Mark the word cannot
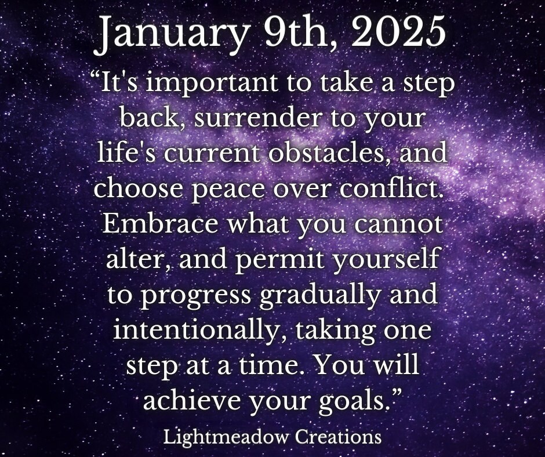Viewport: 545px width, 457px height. click(399, 224)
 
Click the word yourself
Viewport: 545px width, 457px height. click(386, 259)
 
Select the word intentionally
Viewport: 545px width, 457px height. click(195, 330)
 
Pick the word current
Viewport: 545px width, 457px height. click(212, 153)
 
